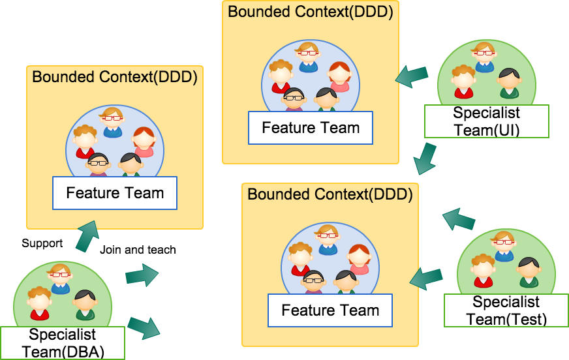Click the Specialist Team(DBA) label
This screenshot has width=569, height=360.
(x=62, y=343)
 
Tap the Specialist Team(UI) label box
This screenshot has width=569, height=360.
(x=486, y=121)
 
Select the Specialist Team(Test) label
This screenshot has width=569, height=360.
(x=506, y=310)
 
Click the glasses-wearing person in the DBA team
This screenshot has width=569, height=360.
(x=60, y=278)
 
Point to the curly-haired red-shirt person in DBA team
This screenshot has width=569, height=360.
(x=39, y=303)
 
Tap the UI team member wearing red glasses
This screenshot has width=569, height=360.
(x=484, y=57)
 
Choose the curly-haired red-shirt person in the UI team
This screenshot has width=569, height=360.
(x=463, y=82)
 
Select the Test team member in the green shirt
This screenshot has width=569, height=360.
(x=529, y=273)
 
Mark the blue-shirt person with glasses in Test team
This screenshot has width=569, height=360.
(x=504, y=247)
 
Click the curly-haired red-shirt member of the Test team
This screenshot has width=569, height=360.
(x=483, y=271)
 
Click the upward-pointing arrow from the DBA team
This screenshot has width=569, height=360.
(x=87, y=236)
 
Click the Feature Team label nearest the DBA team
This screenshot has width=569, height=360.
(x=115, y=193)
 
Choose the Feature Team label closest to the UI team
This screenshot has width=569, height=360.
(x=311, y=128)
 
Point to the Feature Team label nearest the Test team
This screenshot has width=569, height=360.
(x=330, y=310)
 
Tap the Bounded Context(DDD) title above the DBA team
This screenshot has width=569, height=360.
(x=114, y=77)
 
